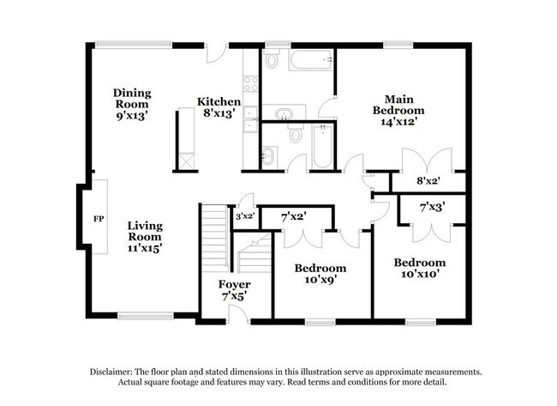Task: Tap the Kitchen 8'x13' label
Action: click(219, 107)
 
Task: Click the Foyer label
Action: click(234, 290)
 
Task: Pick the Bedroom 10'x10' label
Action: click(419, 268)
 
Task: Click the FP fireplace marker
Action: click(98, 218)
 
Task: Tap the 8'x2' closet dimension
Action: click(428, 181)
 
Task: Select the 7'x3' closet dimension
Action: click(431, 207)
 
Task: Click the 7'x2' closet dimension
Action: click(294, 218)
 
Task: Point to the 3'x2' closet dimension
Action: click(245, 216)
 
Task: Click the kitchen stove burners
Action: click(251, 83)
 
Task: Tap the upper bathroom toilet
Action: click(272, 60)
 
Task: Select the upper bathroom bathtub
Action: click(309, 60)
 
